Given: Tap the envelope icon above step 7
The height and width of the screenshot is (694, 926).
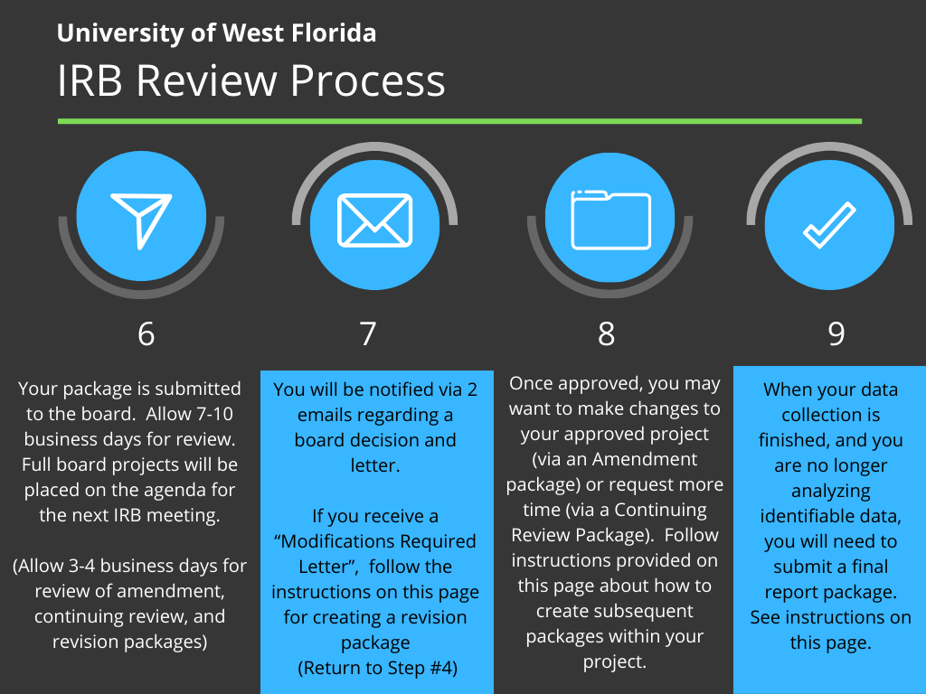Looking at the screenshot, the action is (374, 220).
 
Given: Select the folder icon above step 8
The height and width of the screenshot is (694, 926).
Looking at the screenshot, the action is (610, 220).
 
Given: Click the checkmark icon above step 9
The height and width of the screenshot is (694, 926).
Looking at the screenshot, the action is (829, 225).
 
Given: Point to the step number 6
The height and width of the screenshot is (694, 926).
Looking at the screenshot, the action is (146, 334).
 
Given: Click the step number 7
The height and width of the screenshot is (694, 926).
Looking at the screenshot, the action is (368, 334).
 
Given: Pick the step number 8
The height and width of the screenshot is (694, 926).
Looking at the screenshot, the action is (606, 334).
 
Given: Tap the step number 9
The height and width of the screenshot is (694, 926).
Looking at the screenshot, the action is (836, 334).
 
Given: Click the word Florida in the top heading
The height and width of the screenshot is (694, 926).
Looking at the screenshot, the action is (334, 33).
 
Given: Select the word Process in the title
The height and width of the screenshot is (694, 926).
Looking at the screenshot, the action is (367, 80).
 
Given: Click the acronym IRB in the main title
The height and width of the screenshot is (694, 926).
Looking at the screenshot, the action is (90, 80).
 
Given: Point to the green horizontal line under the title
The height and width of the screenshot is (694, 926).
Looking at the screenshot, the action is (459, 122).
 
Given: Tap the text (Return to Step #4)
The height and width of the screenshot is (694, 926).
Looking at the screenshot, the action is (377, 668).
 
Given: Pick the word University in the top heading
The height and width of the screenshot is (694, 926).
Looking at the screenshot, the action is (120, 34).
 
